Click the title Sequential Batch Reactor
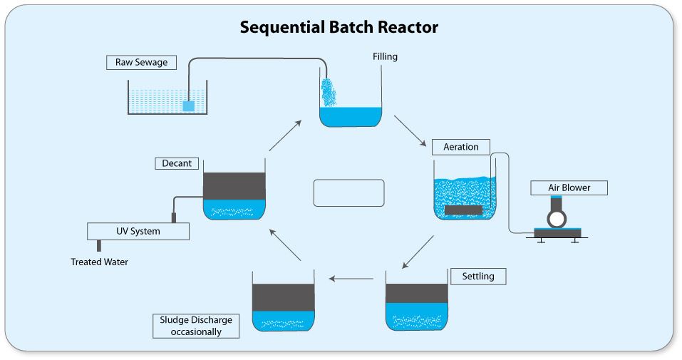[x=339, y=27]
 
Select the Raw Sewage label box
[x=141, y=62]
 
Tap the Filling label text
[x=385, y=56]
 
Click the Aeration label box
[x=461, y=147]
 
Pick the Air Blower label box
[x=569, y=188]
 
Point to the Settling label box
[x=477, y=276]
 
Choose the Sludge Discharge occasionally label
[x=196, y=325]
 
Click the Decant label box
[x=177, y=163]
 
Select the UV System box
[x=138, y=231]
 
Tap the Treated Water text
[x=99, y=262]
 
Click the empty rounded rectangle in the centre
[x=348, y=192]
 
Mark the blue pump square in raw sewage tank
[x=188, y=106]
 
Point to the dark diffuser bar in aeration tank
[x=463, y=210]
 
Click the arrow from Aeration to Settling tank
[x=418, y=252]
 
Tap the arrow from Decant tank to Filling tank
[x=285, y=135]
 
